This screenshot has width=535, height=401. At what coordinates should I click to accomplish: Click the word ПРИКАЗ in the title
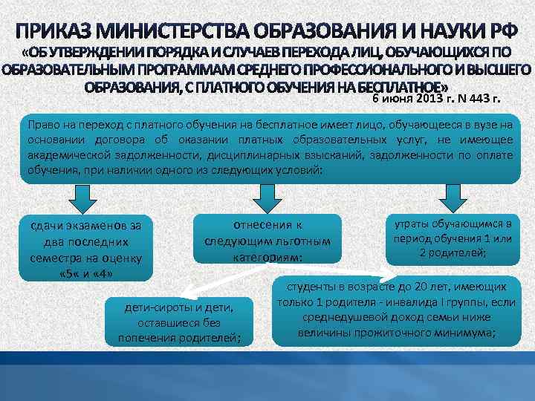coord(56,31)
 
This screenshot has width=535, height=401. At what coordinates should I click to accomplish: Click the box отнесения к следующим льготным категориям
coord(267,240)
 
